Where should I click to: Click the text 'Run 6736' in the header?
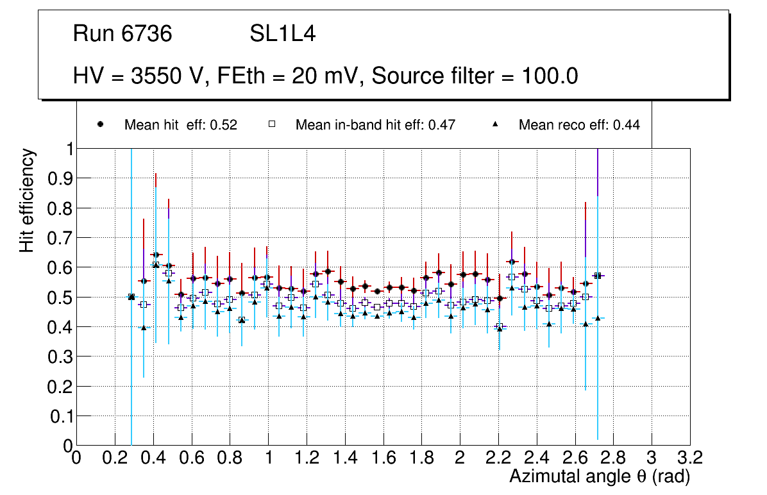click(122, 34)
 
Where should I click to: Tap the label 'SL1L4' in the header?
click(283, 34)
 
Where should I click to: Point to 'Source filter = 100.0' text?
click(475, 76)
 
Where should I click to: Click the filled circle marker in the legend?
click(101, 125)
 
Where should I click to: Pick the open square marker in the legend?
click(272, 125)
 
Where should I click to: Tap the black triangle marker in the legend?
click(495, 125)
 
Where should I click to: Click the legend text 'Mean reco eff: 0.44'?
click(579, 125)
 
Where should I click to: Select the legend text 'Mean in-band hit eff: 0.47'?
click(375, 125)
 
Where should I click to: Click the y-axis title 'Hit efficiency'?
click(28, 200)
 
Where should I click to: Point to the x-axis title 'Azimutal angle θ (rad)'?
click(599, 476)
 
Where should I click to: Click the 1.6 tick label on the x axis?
click(383, 457)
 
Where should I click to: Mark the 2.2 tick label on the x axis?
click(498, 457)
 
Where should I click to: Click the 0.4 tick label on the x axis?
click(153, 457)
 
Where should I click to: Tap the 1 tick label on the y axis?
click(67, 149)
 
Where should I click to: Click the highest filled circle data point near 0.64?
click(155, 255)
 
